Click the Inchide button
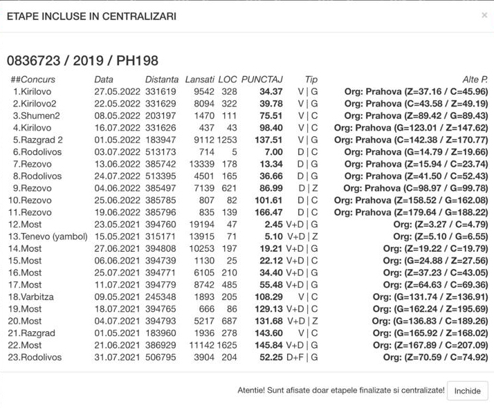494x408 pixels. pos(467,391)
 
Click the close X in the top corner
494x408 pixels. pos(484,15)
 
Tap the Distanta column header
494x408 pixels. pos(162,80)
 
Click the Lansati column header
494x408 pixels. pos(200,80)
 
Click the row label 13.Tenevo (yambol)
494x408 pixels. pos(48,237)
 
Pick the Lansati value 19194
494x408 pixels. pos(201,225)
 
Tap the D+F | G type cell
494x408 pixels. pos(302,358)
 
